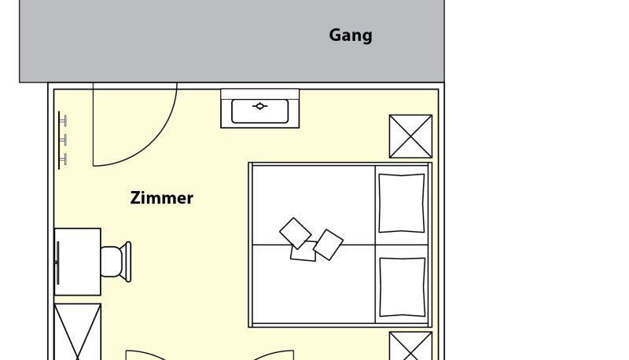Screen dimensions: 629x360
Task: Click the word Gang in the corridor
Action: click(x=351, y=35)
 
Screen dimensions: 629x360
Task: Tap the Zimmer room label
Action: click(x=162, y=198)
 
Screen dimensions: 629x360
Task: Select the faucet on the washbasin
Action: click(x=260, y=106)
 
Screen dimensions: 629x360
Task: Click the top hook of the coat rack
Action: click(x=63, y=121)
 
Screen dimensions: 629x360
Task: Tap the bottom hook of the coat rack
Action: click(x=63, y=159)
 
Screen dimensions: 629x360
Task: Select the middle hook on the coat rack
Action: click(x=63, y=140)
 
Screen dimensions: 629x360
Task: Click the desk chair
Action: click(x=116, y=262)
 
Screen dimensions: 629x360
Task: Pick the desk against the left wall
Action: click(x=77, y=262)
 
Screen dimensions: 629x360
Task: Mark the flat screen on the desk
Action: click(x=57, y=263)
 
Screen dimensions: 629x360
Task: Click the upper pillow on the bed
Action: click(x=402, y=203)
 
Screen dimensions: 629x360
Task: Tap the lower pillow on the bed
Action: click(x=403, y=287)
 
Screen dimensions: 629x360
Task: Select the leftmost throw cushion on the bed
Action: click(x=296, y=233)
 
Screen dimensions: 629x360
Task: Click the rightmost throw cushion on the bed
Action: click(x=329, y=244)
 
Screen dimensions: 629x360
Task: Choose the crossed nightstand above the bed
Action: click(x=410, y=136)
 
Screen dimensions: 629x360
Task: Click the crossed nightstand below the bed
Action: click(x=410, y=346)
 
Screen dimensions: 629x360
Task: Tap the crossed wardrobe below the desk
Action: click(x=77, y=332)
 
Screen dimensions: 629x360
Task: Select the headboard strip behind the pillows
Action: click(x=430, y=245)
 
